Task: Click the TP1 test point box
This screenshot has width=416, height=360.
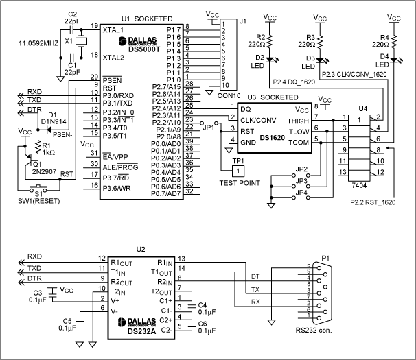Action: point(238,169)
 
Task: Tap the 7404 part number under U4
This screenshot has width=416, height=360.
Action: point(357,185)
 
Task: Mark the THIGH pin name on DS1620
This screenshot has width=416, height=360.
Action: point(296,119)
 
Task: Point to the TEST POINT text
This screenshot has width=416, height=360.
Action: point(238,183)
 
